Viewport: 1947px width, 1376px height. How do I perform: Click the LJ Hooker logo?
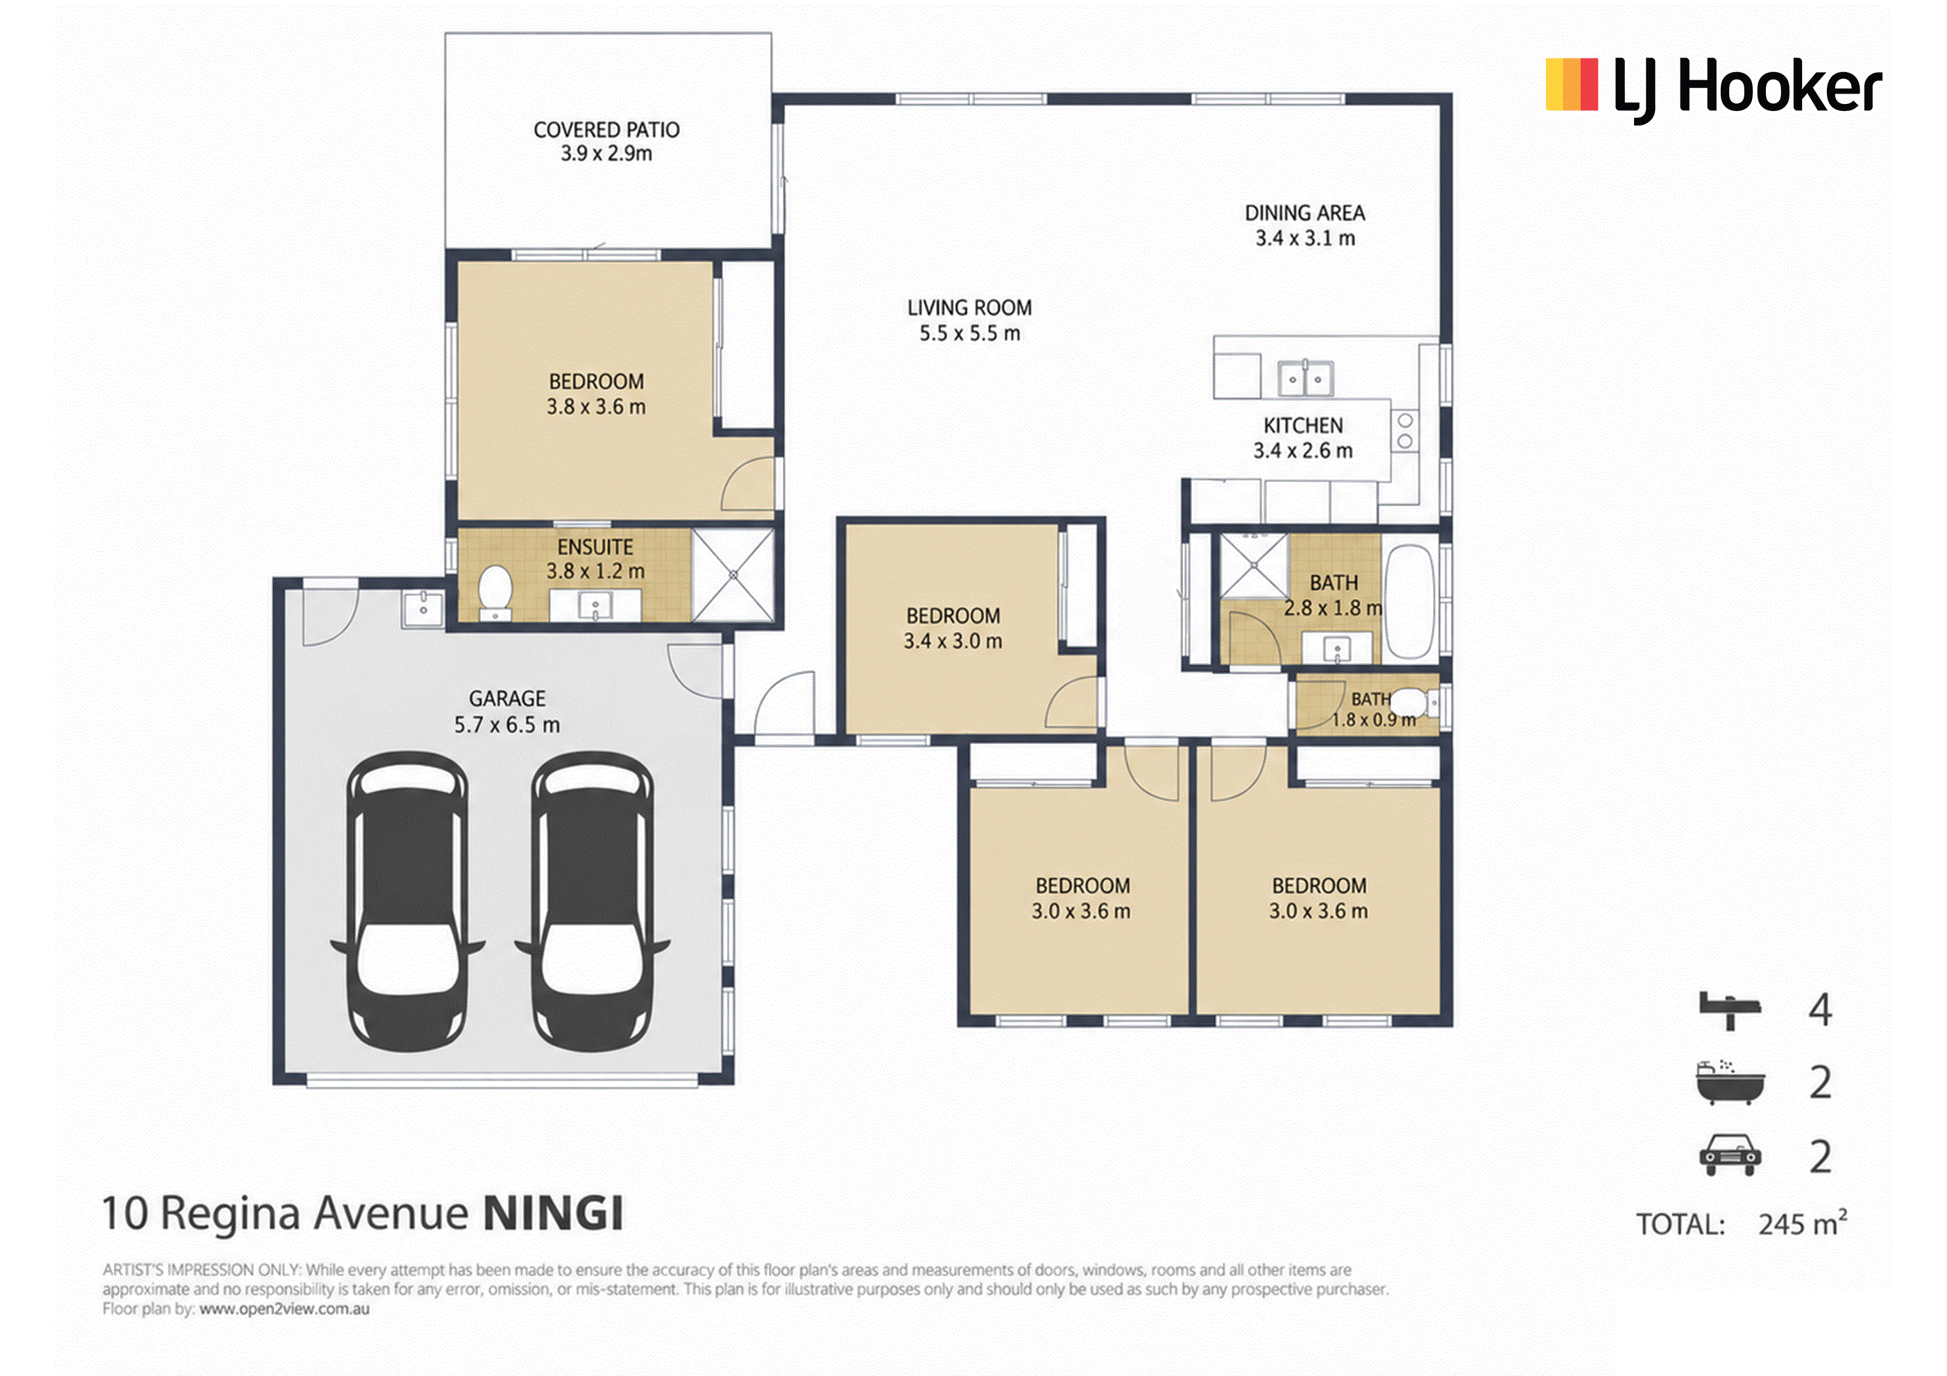tap(1713, 87)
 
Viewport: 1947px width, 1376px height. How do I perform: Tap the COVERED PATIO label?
tap(606, 130)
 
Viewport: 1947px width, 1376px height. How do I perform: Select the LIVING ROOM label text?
tap(969, 308)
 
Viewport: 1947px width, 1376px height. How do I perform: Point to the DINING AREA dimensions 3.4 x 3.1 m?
tap(1305, 239)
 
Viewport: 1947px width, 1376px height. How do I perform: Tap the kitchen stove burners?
tap(1405, 431)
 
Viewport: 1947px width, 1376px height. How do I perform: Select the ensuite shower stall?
tap(733, 575)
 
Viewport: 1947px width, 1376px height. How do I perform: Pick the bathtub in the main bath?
tap(1409, 602)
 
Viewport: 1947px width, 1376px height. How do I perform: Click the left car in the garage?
tap(407, 901)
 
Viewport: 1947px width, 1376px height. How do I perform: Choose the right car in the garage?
tap(592, 901)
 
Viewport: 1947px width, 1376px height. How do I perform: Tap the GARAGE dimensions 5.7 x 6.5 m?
tap(507, 725)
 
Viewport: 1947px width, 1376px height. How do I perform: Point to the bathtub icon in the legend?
tap(1730, 1082)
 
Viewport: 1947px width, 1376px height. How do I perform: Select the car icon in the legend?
tap(1730, 1155)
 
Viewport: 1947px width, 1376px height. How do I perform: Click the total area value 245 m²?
tap(1802, 1223)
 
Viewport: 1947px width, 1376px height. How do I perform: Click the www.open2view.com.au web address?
tap(284, 1309)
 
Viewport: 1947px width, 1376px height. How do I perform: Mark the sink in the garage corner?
tap(423, 607)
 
